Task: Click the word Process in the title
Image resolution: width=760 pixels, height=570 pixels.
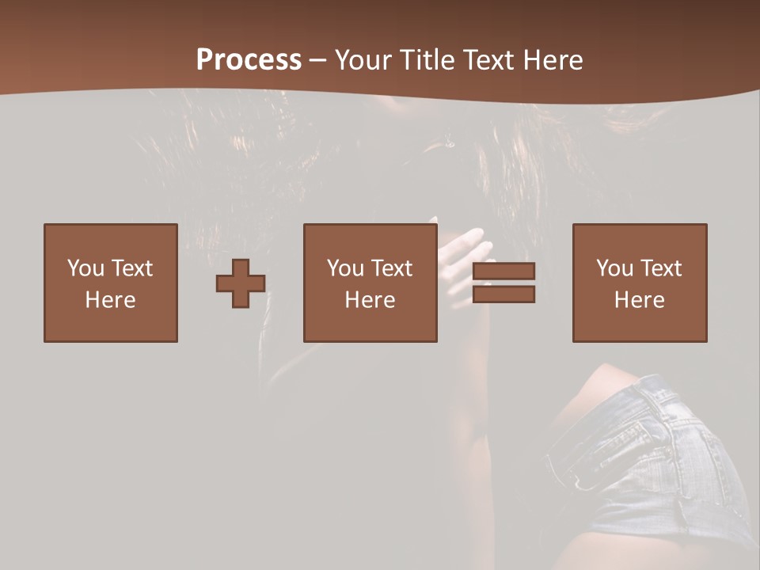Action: point(249,60)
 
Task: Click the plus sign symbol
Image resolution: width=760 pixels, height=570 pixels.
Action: point(241,283)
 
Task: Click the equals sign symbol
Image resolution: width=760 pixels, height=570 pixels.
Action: point(503,283)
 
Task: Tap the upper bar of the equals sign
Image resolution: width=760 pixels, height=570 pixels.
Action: point(503,272)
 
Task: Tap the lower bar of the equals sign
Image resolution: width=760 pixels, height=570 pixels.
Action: point(503,294)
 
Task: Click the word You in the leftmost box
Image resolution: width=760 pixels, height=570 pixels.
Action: point(85,268)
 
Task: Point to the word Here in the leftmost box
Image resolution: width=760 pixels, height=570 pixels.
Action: point(111,300)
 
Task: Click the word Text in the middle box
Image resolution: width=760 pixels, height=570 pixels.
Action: point(391,268)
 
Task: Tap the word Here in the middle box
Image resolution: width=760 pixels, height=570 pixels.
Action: point(370,300)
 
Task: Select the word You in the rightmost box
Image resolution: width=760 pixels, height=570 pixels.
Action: point(614,268)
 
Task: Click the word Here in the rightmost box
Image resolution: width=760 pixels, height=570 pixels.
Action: point(640,300)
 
